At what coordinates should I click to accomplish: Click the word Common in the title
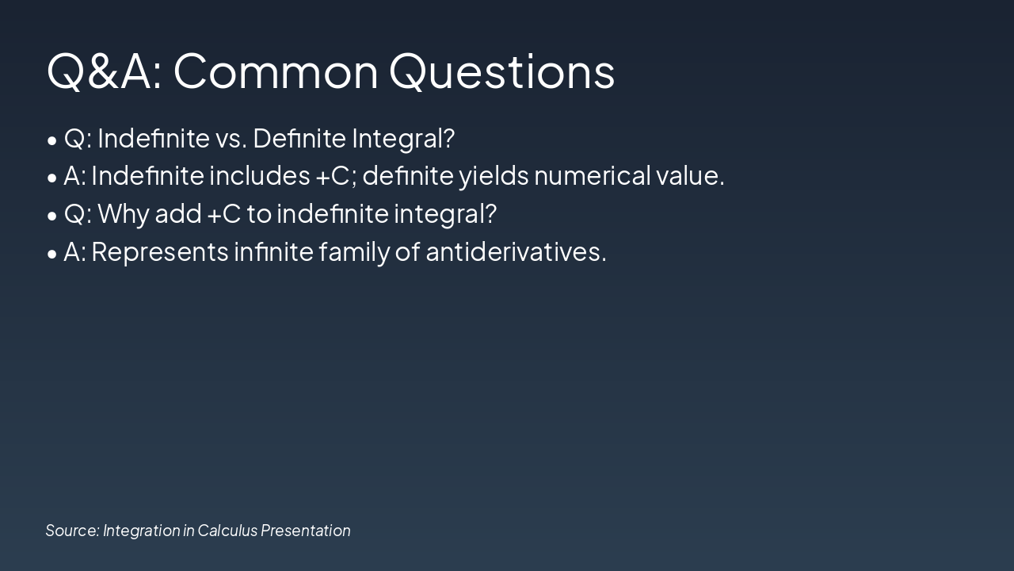[276, 71]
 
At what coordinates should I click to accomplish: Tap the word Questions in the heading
[502, 71]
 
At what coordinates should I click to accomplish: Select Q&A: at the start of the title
[104, 71]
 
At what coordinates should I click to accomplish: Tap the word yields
[494, 177]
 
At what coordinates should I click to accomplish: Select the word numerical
[592, 176]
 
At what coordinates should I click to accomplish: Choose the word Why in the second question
[123, 215]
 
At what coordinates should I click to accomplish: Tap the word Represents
[160, 253]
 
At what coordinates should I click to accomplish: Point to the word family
[354, 253]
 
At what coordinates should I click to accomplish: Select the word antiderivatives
[516, 251]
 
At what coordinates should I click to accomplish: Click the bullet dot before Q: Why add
[52, 217]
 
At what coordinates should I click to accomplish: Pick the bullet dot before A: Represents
[52, 255]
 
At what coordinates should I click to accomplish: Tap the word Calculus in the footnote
[227, 531]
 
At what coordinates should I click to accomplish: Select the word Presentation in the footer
[306, 531]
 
